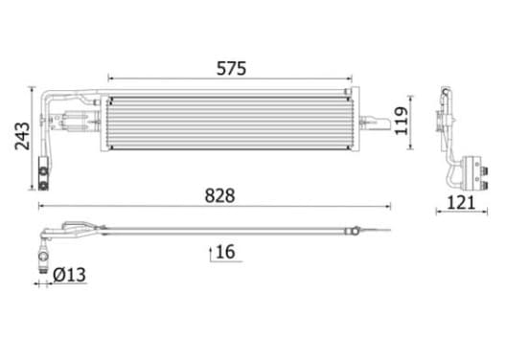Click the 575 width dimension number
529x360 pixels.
(231, 68)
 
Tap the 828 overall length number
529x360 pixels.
(219, 196)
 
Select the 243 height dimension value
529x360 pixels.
(23, 136)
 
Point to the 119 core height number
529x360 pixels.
(402, 121)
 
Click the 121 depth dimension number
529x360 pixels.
(461, 203)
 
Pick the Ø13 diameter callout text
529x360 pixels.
(70, 275)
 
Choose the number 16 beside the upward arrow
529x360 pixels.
(225, 252)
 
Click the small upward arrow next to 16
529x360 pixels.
(211, 254)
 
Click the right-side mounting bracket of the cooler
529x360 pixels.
(375, 123)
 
